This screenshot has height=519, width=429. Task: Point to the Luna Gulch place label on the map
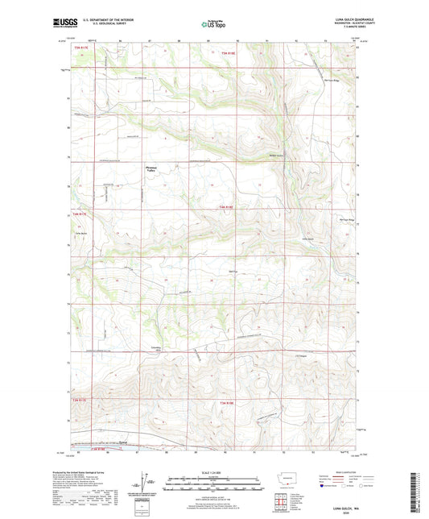pyautogui.click(x=307, y=239)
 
